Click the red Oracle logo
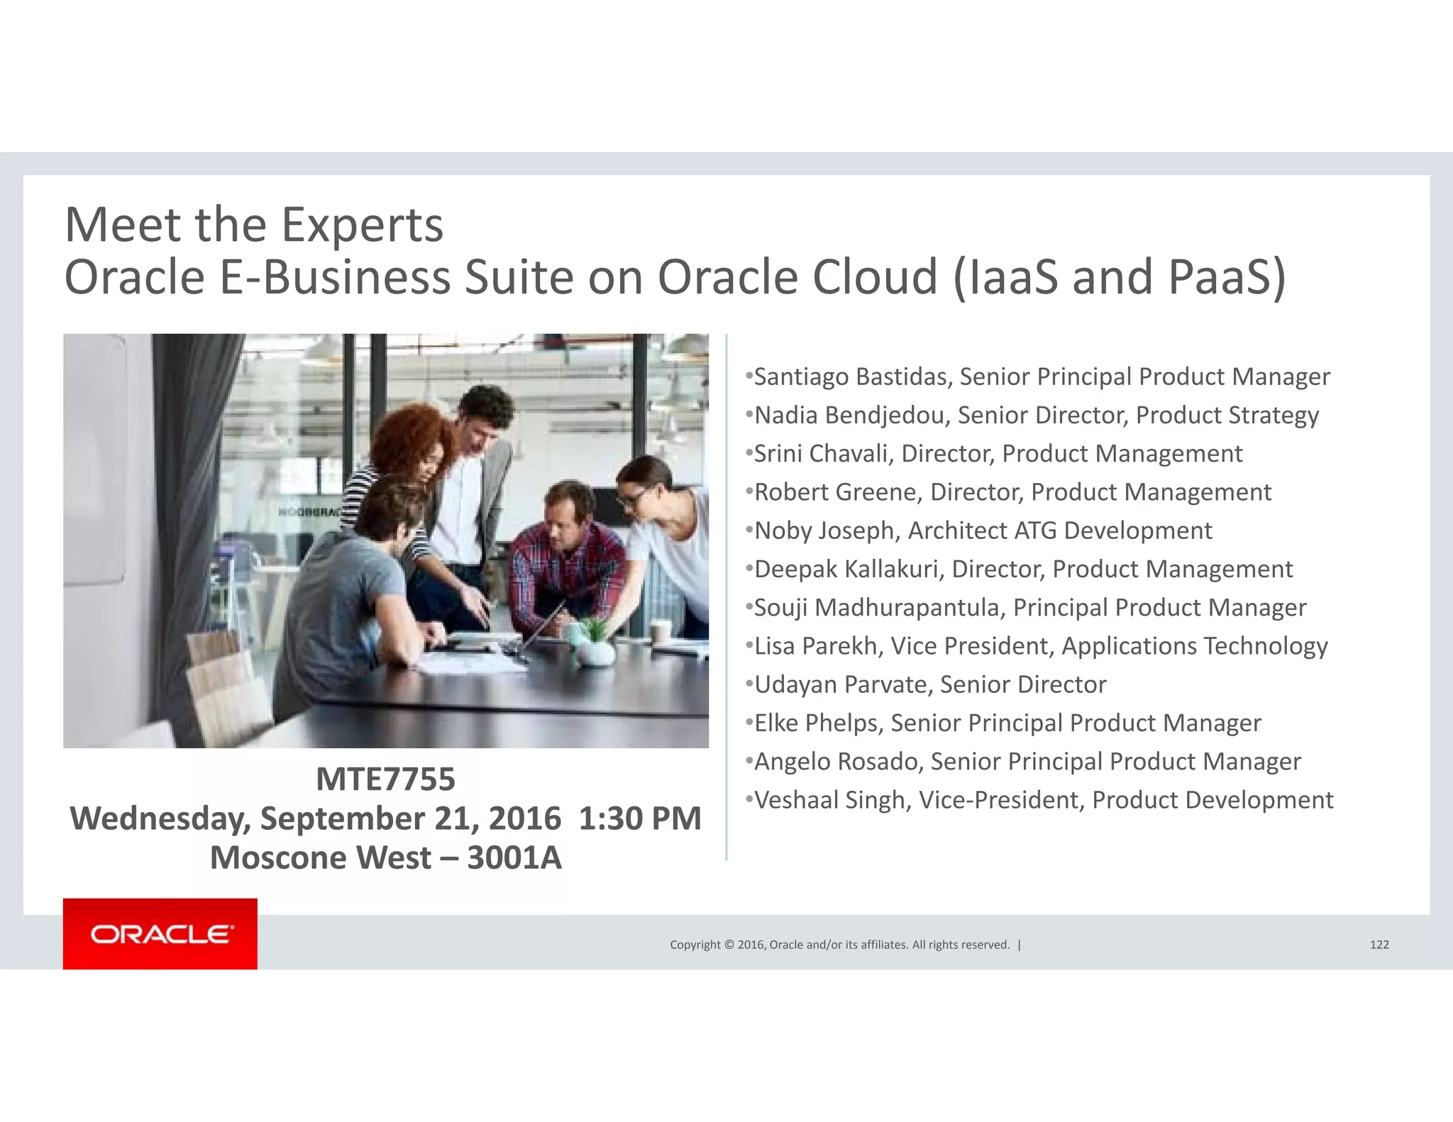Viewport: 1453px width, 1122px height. tap(160, 933)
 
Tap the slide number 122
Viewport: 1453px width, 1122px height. tap(1379, 945)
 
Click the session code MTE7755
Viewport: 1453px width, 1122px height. tap(385, 779)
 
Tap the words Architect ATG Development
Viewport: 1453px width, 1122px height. tap(1060, 531)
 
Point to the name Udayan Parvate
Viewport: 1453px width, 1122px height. tap(842, 684)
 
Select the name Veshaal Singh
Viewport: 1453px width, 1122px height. tap(831, 800)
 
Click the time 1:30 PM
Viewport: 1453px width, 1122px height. tap(640, 818)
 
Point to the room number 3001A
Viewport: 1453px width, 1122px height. tap(514, 858)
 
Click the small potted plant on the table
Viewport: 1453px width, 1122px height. tap(595, 642)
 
